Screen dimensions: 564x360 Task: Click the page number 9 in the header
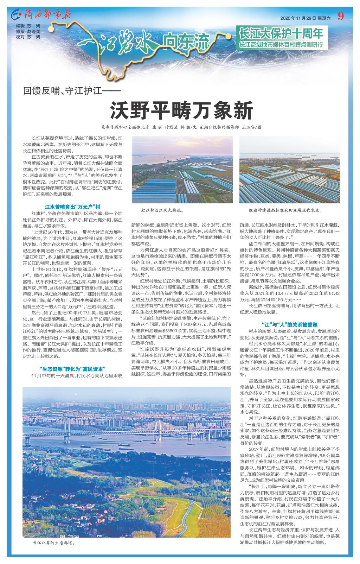point(340,16)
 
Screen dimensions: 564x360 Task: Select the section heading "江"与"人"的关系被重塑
point(290,324)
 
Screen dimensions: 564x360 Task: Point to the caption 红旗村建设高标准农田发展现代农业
point(285,210)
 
